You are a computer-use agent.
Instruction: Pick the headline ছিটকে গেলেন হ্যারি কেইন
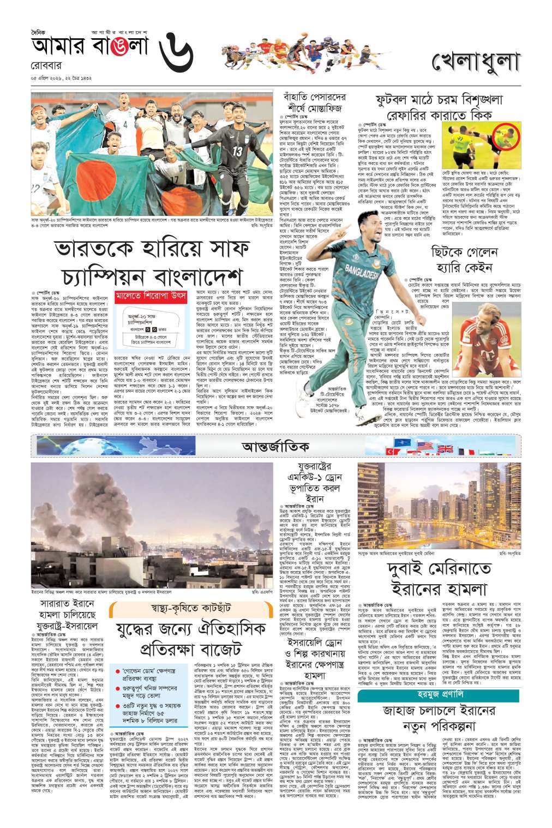tap(464, 260)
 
